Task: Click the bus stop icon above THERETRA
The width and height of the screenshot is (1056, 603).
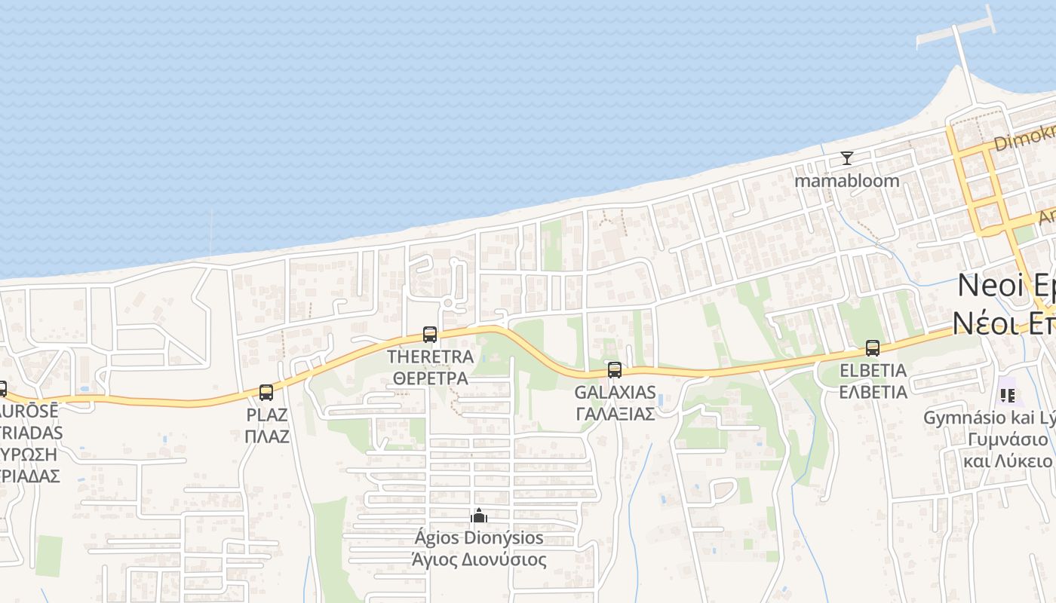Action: pos(430,334)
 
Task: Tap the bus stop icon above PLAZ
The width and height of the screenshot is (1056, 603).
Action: pos(266,392)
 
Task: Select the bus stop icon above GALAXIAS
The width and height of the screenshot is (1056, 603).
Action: pos(615,369)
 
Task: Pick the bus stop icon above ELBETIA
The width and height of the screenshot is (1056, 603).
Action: pos(873,348)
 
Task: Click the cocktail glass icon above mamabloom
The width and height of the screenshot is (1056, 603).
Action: pos(847,158)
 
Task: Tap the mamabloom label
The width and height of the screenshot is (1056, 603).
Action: pos(847,181)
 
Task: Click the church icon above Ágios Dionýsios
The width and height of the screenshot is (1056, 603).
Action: pos(479,516)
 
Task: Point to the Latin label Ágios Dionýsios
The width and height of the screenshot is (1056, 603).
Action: pos(479,537)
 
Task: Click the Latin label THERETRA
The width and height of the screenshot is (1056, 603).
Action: pos(430,357)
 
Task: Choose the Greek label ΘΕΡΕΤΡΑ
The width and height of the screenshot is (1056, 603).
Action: pos(430,378)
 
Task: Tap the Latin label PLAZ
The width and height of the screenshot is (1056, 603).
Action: pos(267,415)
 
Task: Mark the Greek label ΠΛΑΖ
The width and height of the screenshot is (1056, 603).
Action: pos(267,436)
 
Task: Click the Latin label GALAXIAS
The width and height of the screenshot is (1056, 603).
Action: pos(615,392)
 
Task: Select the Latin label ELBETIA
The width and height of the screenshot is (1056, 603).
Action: pos(873,371)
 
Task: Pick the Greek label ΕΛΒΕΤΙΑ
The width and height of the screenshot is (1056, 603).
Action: pos(873,392)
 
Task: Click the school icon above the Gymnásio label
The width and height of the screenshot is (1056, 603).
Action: pos(1007,395)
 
